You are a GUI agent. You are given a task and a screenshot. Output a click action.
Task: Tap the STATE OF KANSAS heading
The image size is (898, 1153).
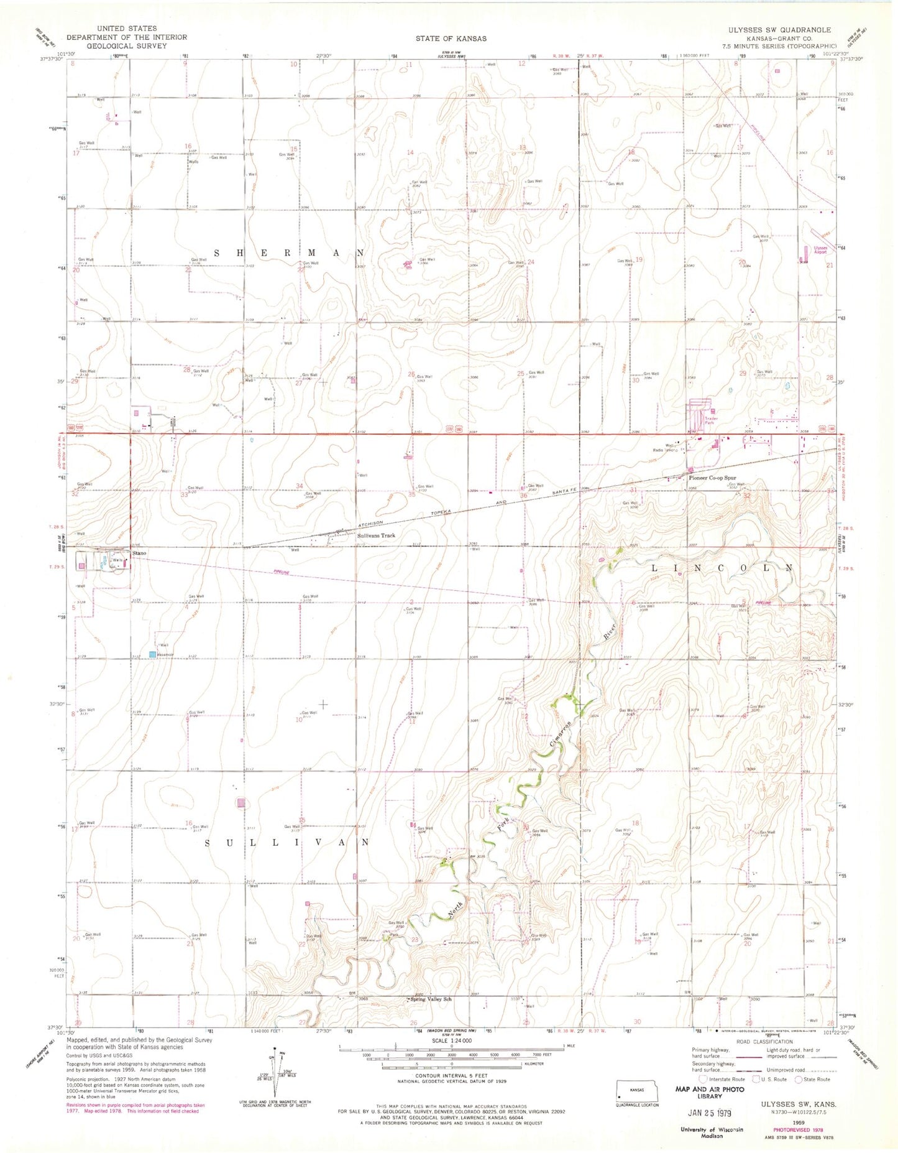451,39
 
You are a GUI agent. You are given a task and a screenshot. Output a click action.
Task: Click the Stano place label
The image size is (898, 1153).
139,553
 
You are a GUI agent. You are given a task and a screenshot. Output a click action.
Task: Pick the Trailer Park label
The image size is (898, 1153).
711,420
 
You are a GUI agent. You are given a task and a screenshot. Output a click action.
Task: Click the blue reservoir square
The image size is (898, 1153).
152,654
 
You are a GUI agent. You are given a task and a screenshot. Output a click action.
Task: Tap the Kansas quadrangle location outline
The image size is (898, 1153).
637,1089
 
